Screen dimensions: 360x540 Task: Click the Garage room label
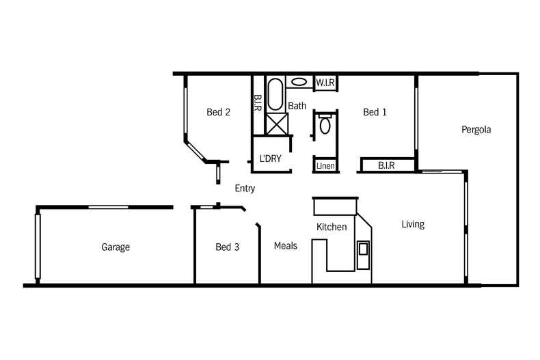point(116,247)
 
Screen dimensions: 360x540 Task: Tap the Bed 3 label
point(227,247)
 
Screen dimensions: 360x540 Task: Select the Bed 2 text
point(218,112)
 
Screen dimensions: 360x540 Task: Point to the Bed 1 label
point(375,112)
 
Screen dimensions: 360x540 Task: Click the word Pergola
point(476,129)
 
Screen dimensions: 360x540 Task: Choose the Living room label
point(412,224)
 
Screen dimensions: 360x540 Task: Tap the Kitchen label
point(331,227)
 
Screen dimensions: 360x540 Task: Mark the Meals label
point(286,246)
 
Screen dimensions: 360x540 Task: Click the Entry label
point(245,189)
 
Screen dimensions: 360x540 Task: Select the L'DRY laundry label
point(271,158)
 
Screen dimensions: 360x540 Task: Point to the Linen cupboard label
point(324,166)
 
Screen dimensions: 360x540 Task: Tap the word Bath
point(297,106)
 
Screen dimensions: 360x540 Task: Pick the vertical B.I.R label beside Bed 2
point(258,103)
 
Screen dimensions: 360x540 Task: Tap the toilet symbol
point(325,125)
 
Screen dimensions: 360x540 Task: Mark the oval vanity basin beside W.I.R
point(299,82)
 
